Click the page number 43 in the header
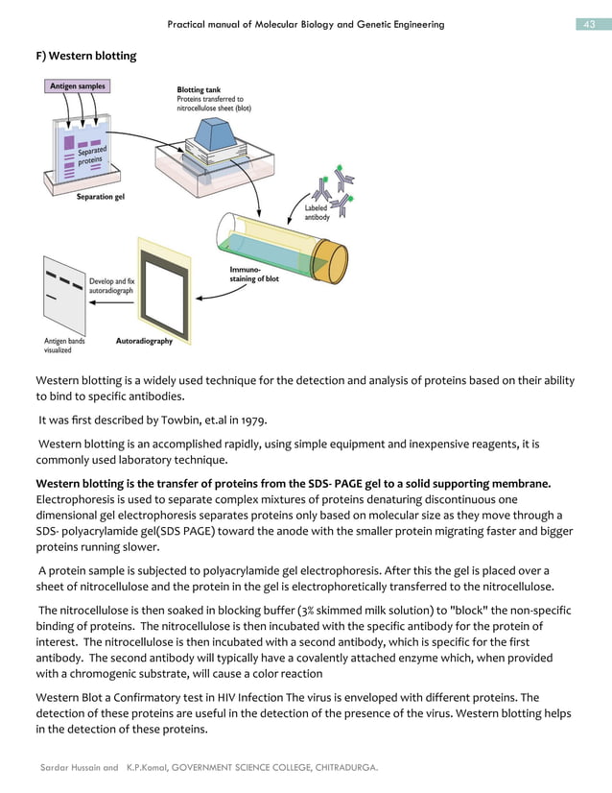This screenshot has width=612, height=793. [592, 24]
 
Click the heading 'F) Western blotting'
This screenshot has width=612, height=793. [85, 57]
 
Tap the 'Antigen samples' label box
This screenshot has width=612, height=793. [76, 86]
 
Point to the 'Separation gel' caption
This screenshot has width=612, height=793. [100, 198]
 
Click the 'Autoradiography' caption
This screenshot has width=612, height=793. [144, 341]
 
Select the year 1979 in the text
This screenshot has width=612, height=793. [252, 420]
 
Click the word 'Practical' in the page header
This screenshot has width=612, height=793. [189, 24]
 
